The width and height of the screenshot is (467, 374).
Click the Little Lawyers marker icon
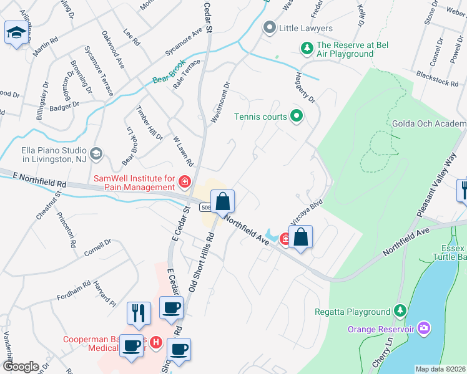pyautogui.click(x=270, y=28)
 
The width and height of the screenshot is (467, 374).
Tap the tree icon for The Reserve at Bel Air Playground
pyautogui.click(x=307, y=48)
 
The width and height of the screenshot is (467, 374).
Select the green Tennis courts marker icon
pyautogui.click(x=297, y=116)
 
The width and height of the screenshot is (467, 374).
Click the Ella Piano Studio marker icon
pyautogui.click(x=96, y=153)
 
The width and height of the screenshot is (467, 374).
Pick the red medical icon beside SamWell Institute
pyautogui.click(x=184, y=182)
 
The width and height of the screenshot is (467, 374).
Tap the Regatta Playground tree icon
pyautogui.click(x=400, y=311)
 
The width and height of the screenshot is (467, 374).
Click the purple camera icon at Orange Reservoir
pyautogui.click(x=425, y=328)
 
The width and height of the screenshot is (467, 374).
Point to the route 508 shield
pyautogui.click(x=205, y=207)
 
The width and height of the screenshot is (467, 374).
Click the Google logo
pyautogui.click(x=20, y=366)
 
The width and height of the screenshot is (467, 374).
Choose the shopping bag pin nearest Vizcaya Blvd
pyautogui.click(x=301, y=237)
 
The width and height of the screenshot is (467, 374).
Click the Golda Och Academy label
pyautogui.click(x=429, y=124)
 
